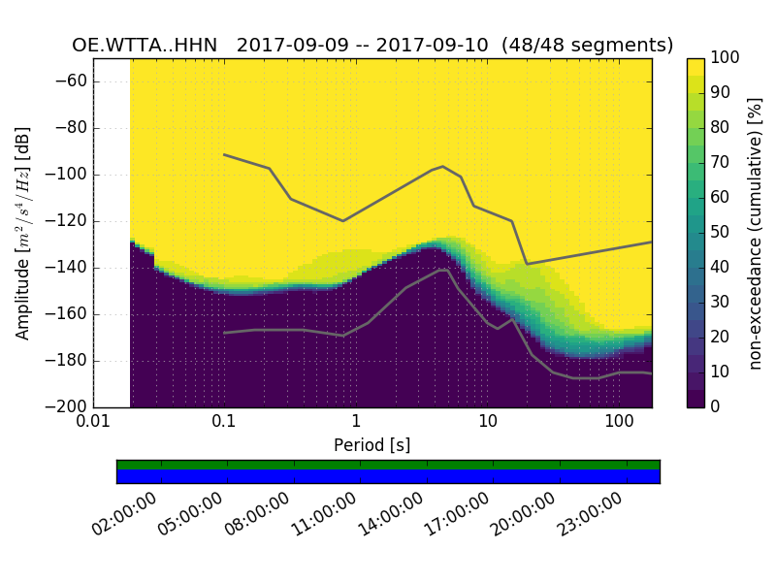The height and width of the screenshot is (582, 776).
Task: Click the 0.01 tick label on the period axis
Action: click(93, 424)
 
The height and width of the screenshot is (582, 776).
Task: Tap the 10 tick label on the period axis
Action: click(487, 424)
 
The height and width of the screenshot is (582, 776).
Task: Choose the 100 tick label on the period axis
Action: click(619, 424)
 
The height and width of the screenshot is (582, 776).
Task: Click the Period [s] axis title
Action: click(372, 445)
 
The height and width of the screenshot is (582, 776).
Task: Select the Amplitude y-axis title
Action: click(22, 233)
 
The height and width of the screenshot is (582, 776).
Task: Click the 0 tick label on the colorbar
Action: click(716, 406)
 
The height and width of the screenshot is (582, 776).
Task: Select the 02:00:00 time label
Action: click(127, 515)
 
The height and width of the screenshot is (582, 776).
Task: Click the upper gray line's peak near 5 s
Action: click(443, 166)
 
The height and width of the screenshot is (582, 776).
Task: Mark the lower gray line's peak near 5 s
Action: click(444, 270)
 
